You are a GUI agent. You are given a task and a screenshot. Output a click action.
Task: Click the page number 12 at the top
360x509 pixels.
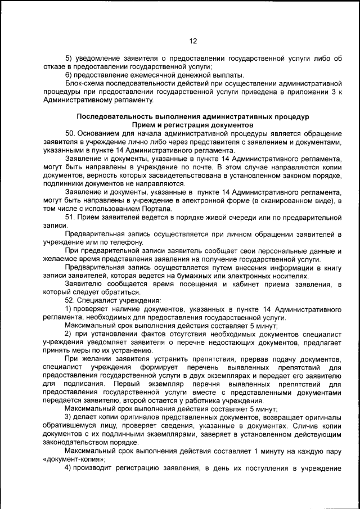coord(193,41)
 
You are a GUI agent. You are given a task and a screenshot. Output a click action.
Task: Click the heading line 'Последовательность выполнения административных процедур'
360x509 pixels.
coord(193,116)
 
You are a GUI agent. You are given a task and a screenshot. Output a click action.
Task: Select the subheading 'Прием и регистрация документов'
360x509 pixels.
coord(192,125)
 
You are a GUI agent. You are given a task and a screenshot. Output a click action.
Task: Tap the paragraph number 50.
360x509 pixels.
coord(71,133)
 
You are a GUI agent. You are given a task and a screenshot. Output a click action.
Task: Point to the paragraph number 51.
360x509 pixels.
coord(71,217)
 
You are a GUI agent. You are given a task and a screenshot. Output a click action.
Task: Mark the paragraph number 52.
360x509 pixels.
coord(71,301)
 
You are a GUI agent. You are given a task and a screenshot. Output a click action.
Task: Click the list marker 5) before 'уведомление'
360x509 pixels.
coord(69,58)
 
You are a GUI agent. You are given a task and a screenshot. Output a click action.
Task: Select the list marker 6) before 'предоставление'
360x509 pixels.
coord(69,75)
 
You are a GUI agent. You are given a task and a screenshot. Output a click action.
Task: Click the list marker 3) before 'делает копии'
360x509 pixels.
coord(69,417)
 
